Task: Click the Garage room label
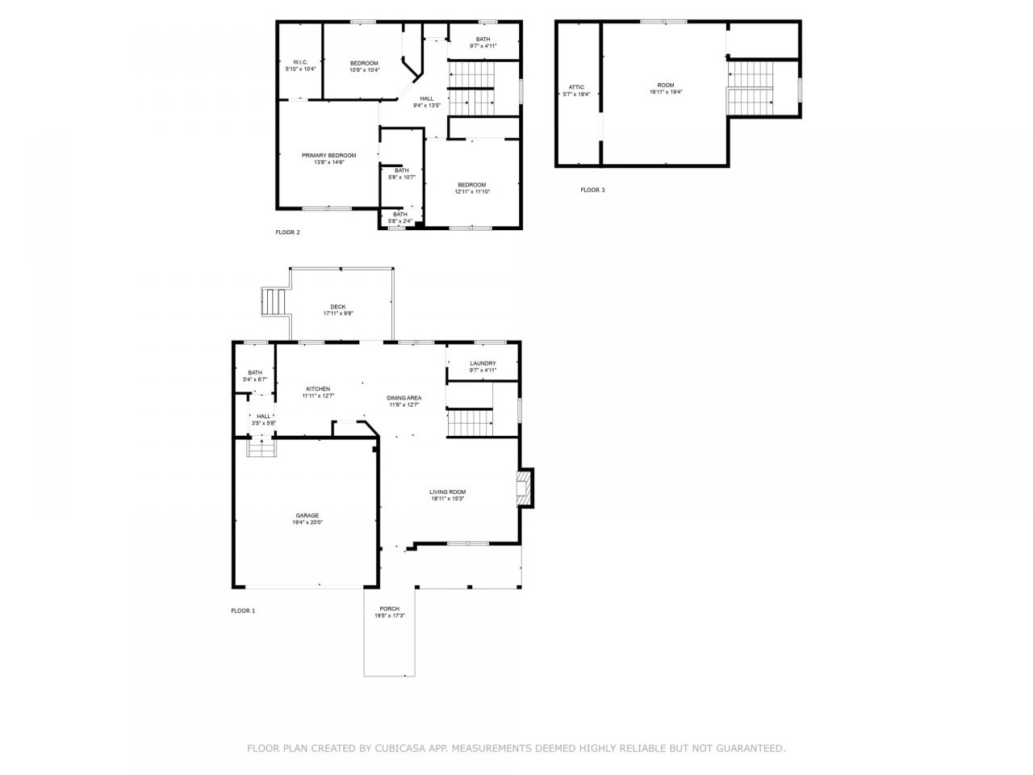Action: (307, 515)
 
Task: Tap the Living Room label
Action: (447, 492)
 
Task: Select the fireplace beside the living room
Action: (525, 488)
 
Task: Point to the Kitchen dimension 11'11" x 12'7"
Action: (318, 396)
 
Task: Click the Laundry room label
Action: (483, 363)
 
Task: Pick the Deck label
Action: (338, 307)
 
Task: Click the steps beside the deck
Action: (274, 302)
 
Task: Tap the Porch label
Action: (389, 609)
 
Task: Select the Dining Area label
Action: (404, 398)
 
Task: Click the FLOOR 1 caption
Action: (243, 611)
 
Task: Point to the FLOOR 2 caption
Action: (287, 232)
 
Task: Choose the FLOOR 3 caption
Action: (592, 190)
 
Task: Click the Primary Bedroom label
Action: (328, 155)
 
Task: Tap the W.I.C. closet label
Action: (300, 62)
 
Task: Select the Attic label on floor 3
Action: (576, 87)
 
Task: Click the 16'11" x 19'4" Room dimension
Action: (666, 92)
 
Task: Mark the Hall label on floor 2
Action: (426, 98)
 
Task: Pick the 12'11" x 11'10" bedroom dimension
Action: (472, 191)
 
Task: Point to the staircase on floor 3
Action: (751, 87)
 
